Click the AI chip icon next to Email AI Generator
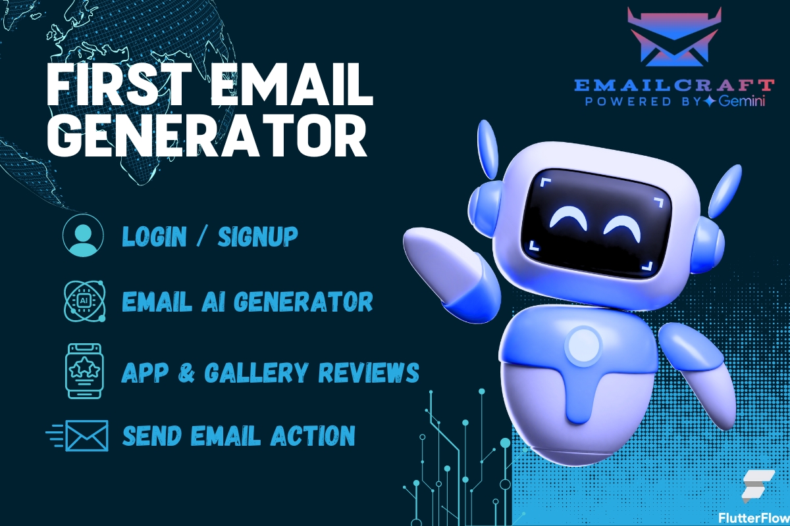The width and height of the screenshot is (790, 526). (83, 300)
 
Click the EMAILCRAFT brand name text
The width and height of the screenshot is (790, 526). (673, 85)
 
